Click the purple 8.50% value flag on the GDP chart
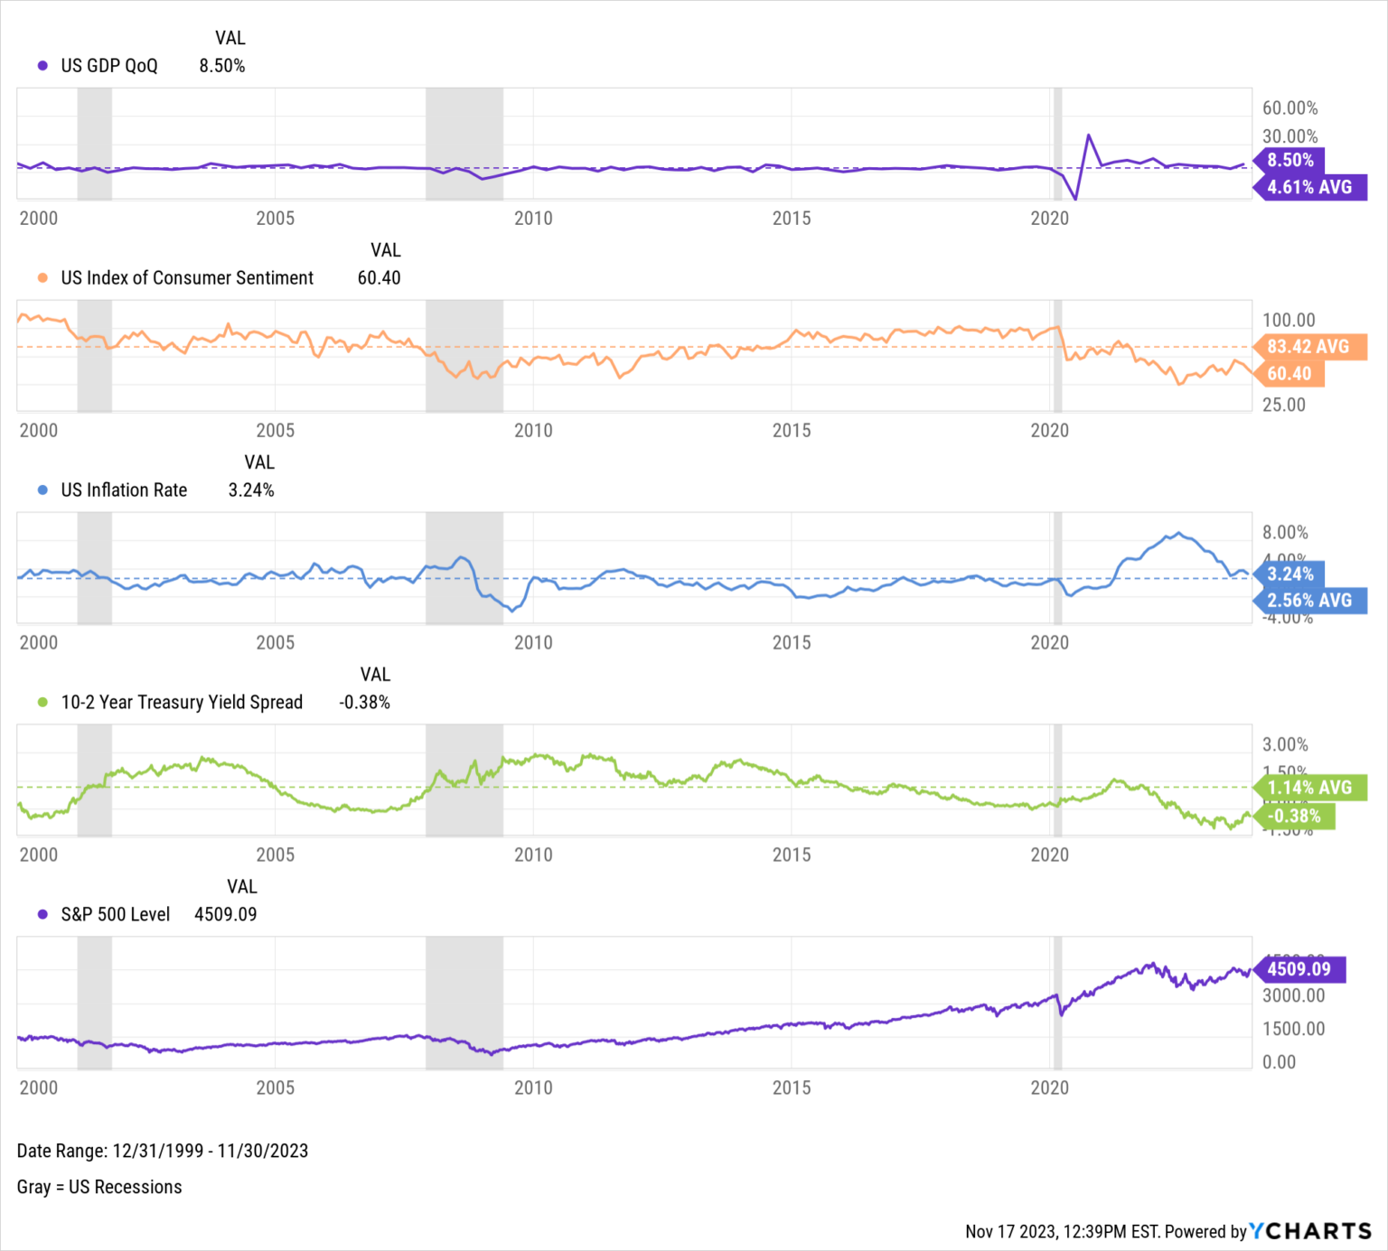click(x=1290, y=161)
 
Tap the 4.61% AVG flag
click(x=1309, y=187)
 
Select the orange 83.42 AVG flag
click(x=1308, y=347)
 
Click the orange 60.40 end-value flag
click(x=1289, y=374)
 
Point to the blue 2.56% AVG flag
click(x=1309, y=601)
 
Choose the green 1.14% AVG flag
click(x=1309, y=788)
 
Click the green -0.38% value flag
click(x=1294, y=817)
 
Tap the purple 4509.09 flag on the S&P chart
click(x=1299, y=969)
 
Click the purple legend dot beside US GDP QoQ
click(x=42, y=66)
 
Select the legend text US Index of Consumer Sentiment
click(x=187, y=278)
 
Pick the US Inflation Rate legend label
click(x=124, y=490)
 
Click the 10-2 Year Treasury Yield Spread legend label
click(x=182, y=703)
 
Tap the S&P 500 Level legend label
click(x=115, y=915)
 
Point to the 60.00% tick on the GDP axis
click(x=1290, y=108)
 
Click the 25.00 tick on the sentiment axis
click(x=1283, y=405)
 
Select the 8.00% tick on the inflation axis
click(x=1285, y=533)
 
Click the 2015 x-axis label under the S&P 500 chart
click(x=791, y=1088)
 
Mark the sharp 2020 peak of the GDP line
click(x=1089, y=135)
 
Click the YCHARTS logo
click(x=1309, y=1231)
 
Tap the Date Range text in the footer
click(x=163, y=1151)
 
